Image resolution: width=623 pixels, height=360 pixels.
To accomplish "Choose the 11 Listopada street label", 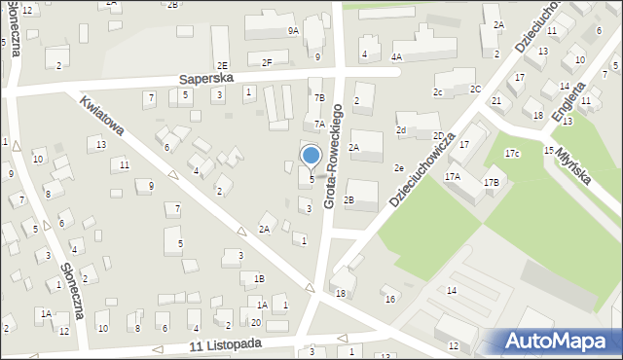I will (226, 345).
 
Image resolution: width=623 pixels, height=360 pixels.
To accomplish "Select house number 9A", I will (293, 31).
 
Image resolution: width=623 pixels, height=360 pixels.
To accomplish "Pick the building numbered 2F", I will (267, 63).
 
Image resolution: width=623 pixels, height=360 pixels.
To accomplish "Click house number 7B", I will (319, 97).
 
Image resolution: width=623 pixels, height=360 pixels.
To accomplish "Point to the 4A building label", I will (396, 57).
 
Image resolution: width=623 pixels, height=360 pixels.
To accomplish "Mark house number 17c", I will (512, 154).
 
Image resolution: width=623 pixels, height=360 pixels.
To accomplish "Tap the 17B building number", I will (492, 182).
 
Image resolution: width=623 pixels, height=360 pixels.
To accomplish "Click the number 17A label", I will (453, 177).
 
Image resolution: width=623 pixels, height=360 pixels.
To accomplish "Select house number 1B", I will (259, 278).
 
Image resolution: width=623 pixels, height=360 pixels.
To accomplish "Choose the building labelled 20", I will (256, 322).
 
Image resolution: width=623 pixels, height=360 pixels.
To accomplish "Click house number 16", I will (389, 299).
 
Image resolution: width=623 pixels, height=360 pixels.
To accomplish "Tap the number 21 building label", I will (496, 101).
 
